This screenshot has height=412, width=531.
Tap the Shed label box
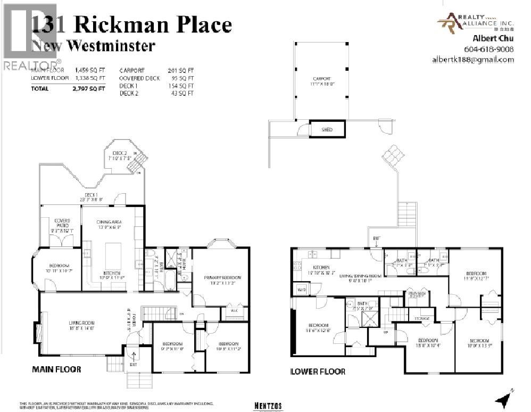point(327,129)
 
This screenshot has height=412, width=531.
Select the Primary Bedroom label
point(223,277)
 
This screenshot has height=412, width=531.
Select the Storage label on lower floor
point(422,318)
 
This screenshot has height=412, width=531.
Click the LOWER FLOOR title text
point(318,372)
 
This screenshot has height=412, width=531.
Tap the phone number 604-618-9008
point(493,49)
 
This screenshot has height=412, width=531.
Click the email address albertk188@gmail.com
point(473,60)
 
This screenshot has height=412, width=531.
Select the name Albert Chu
point(493,38)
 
